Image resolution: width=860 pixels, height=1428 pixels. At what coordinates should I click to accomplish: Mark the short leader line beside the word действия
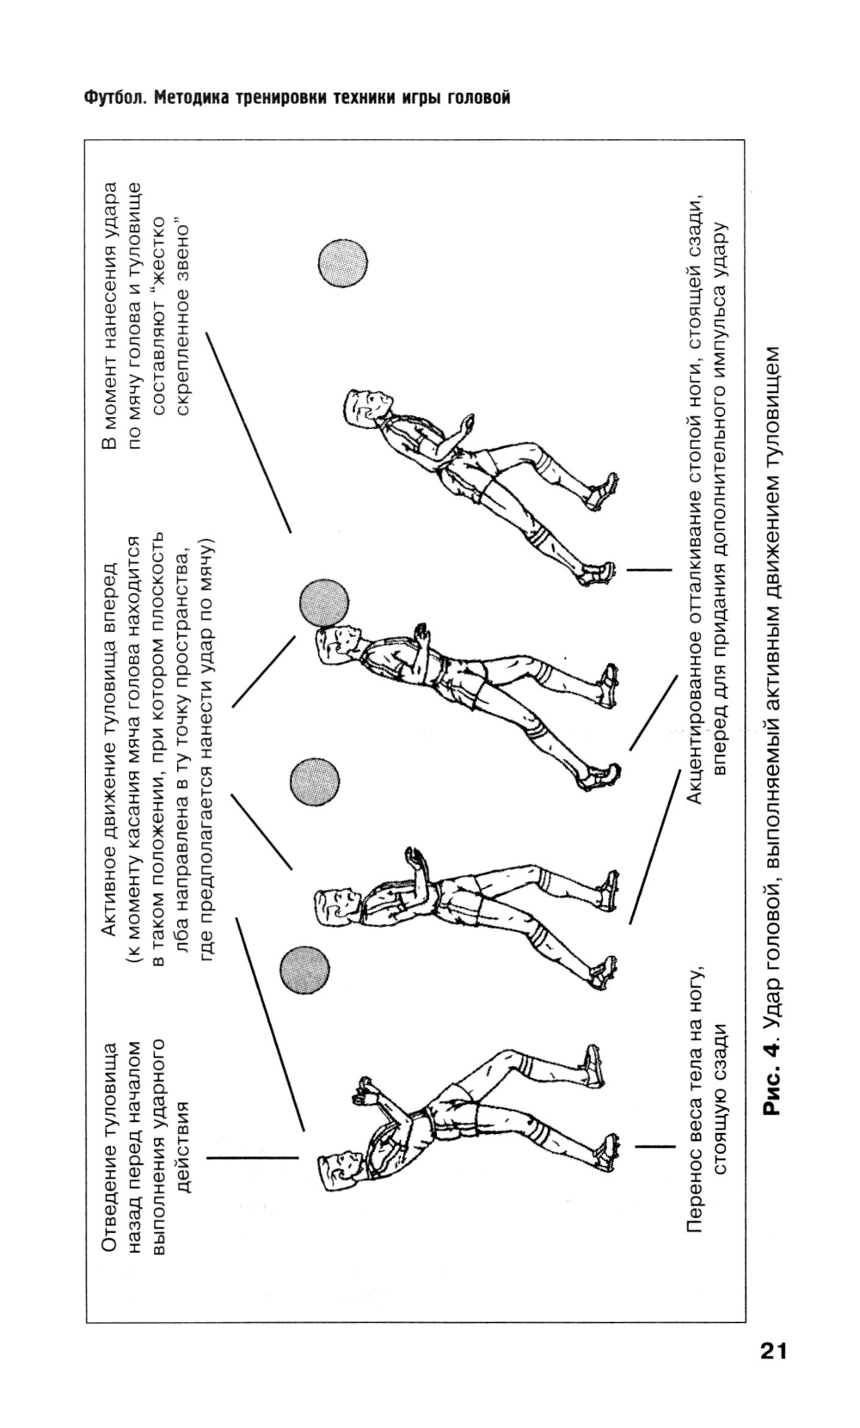tap(251, 1158)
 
